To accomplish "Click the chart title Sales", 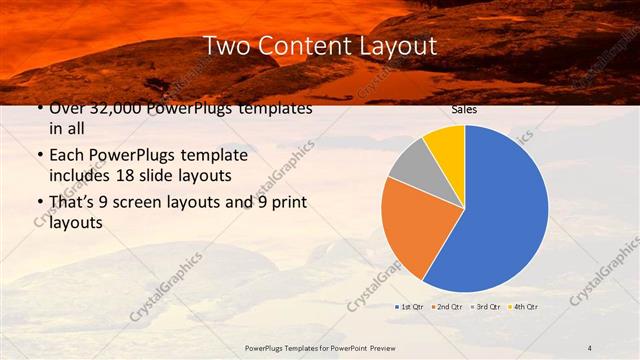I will pyautogui.click(x=464, y=109).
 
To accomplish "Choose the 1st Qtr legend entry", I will pyautogui.click(x=411, y=306).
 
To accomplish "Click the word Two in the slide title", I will pyautogui.click(x=227, y=45).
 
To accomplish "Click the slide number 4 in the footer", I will pyautogui.click(x=590, y=347).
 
